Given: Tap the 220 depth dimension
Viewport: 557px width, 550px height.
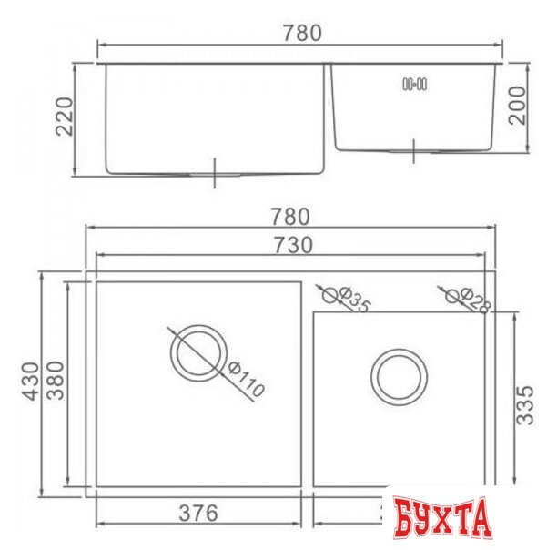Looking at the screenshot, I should [63, 117].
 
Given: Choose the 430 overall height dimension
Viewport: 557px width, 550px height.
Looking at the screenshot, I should [29, 383].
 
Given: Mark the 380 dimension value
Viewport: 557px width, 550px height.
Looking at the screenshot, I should [55, 383].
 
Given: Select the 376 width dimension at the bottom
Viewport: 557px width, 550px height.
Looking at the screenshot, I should [197, 514].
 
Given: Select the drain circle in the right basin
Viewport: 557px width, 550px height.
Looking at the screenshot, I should [398, 373].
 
